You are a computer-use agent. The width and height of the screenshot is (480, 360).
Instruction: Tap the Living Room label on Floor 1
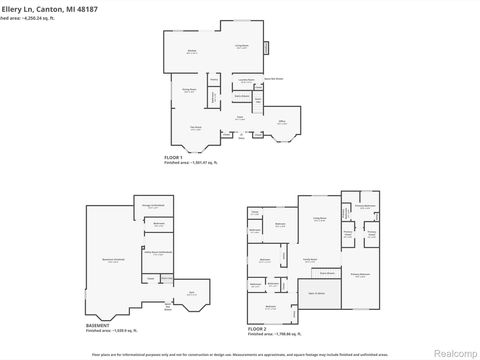coord(241,46)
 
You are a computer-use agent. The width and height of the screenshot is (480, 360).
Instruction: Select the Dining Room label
coord(189,90)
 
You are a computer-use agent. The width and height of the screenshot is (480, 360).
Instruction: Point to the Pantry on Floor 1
coord(214,79)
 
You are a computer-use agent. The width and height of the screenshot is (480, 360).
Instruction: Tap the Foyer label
coord(240,117)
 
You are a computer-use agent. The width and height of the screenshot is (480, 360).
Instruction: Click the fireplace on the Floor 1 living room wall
coord(267,47)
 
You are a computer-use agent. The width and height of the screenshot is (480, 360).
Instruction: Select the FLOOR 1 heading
coord(175,158)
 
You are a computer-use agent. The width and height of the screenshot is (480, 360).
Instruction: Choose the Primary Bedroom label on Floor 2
coord(360,273)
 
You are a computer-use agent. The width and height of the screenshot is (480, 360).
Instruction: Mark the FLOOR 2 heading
coord(258,326)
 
